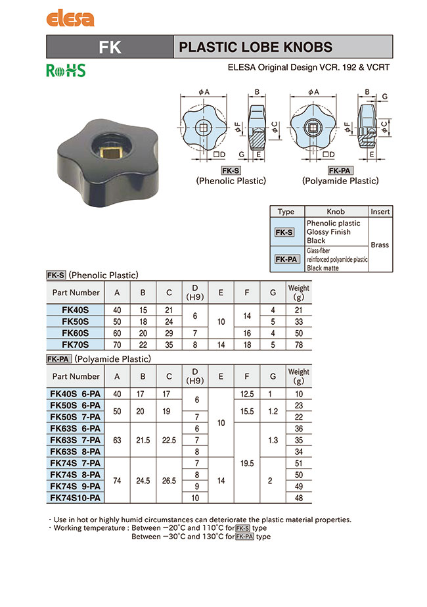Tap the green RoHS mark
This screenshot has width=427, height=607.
[x=66, y=70]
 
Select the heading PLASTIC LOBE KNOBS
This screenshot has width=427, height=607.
[x=256, y=47]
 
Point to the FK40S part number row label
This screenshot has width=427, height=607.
[x=76, y=310]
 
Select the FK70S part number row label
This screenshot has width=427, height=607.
[x=76, y=344]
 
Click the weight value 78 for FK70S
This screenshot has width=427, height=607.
[x=298, y=344]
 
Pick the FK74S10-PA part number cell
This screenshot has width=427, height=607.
[x=76, y=498]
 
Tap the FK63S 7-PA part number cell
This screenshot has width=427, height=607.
[x=76, y=440]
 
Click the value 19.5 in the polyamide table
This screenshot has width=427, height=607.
[x=248, y=463]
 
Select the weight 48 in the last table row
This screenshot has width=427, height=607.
[x=298, y=498]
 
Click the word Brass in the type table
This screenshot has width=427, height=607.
[x=380, y=245]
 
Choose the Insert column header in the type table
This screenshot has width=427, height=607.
[x=380, y=212]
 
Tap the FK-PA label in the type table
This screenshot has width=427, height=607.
[x=286, y=259]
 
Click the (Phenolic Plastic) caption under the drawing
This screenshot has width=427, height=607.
[x=231, y=181]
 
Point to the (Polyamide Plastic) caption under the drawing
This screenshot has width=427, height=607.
[x=340, y=181]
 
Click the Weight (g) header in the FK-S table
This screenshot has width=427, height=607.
[x=298, y=292]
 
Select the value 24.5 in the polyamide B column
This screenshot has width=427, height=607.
[x=143, y=481]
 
